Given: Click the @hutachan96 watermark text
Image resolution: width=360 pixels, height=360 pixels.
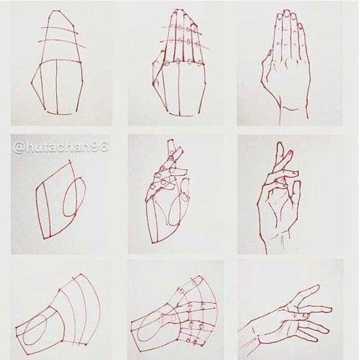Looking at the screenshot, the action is (61, 147).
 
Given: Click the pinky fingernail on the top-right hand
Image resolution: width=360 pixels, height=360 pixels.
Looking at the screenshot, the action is (300, 26).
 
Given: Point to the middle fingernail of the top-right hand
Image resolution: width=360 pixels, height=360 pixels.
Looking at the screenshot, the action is (287, 14).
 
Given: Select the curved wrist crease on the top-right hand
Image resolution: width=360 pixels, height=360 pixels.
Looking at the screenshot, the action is (290, 109).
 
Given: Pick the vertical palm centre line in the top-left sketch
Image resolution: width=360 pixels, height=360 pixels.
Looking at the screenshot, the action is (56, 87).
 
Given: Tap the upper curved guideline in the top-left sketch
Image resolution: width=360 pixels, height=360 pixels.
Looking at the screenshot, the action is (60, 31).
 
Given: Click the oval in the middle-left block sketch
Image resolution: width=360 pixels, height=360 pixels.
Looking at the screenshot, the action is (75, 197).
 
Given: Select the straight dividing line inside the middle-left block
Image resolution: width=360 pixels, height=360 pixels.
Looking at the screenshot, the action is (46, 210).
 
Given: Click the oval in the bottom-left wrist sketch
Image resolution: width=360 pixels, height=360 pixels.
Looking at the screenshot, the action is (34, 330).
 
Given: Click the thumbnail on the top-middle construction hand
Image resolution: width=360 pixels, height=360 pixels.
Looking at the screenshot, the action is (156, 82).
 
